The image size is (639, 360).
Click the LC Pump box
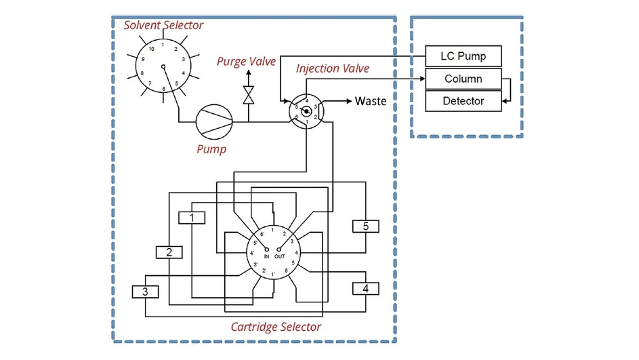[463, 56]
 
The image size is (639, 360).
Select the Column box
[463, 79]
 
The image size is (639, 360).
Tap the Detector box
[463, 101]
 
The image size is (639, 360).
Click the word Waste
[371, 101]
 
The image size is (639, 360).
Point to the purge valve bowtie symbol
[249, 95]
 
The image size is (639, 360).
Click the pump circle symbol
[214, 122]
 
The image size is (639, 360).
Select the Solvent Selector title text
[163, 25]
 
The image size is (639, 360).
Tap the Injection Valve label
[333, 68]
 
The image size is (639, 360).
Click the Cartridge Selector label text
[276, 327]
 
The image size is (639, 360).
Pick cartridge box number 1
[192, 218]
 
